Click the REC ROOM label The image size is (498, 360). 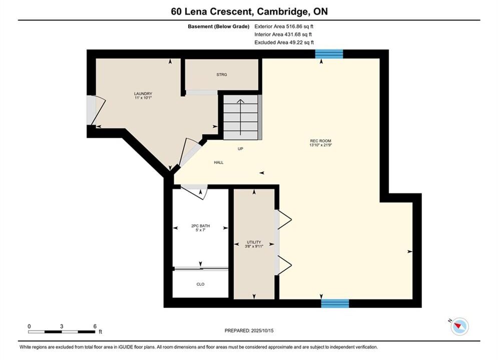pyautogui.click(x=320, y=141)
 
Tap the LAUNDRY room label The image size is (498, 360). pyautogui.click(x=143, y=93)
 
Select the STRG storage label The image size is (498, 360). pyautogui.click(x=222, y=74)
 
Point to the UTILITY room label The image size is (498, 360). pyautogui.click(x=254, y=242)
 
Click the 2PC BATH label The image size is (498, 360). pyautogui.click(x=200, y=226)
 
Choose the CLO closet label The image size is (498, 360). pyautogui.click(x=200, y=284)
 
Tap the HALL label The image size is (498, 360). pyautogui.click(x=219, y=162)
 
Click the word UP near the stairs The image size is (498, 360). pyautogui.click(x=240, y=148)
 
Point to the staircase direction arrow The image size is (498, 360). pyautogui.click(x=240, y=117)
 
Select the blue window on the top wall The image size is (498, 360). pyautogui.click(x=329, y=54)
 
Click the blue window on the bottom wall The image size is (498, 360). pyautogui.click(x=335, y=303)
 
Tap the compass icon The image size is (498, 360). pyautogui.click(x=459, y=326)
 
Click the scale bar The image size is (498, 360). pyautogui.click(x=62, y=332)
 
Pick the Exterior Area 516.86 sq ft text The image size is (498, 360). pyautogui.click(x=284, y=26)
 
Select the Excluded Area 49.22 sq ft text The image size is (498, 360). pyautogui.click(x=284, y=42)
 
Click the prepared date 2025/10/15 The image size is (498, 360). pyautogui.click(x=262, y=330)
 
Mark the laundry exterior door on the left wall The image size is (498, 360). pyautogui.click(x=96, y=110)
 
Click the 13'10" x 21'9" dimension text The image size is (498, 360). pyautogui.click(x=320, y=145)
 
